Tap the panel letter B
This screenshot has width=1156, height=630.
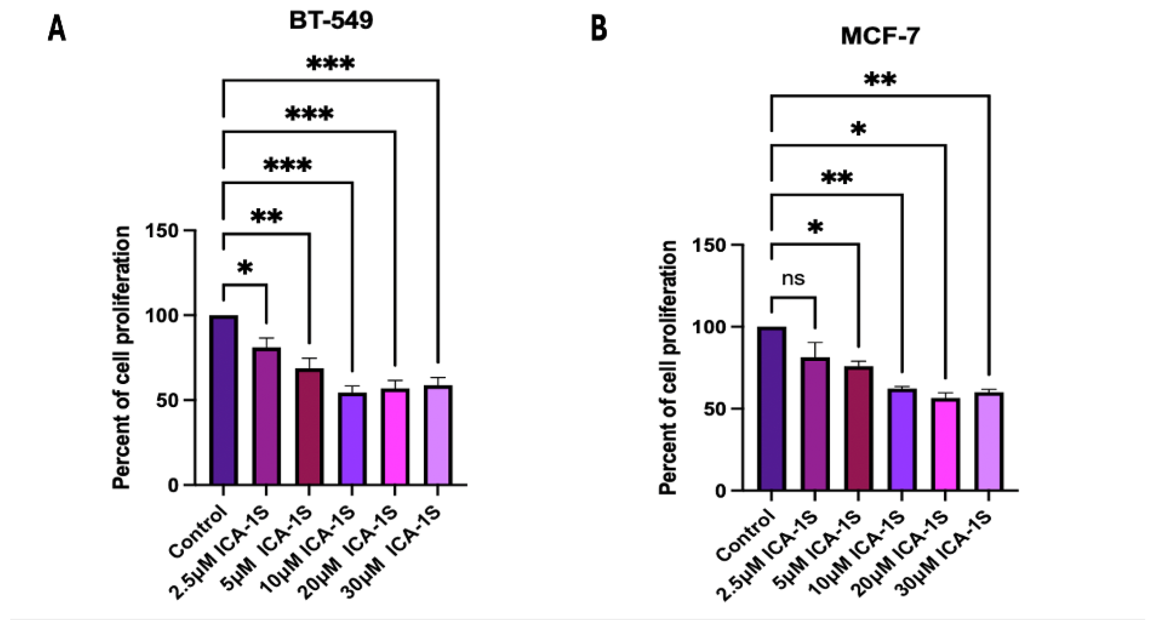coord(599,29)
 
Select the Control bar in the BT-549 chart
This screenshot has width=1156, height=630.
coord(223,400)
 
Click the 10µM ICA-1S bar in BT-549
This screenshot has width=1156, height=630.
coord(352,438)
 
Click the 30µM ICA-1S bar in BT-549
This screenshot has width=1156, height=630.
coord(439,435)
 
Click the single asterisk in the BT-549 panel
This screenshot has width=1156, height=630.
coord(245,268)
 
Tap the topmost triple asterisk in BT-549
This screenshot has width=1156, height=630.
coord(330,64)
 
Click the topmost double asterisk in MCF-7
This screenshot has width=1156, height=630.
coord(880,81)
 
